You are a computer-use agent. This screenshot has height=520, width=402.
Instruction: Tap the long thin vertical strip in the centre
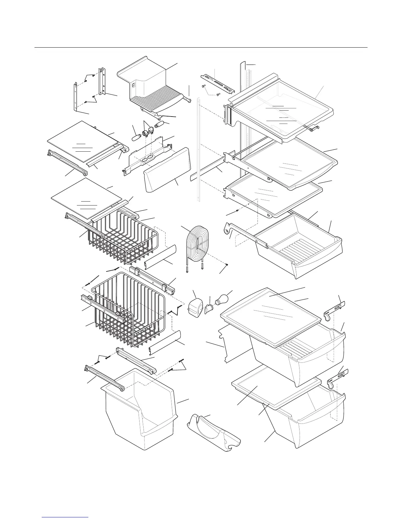(198, 148)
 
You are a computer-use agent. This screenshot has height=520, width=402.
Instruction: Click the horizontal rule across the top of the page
(201, 48)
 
